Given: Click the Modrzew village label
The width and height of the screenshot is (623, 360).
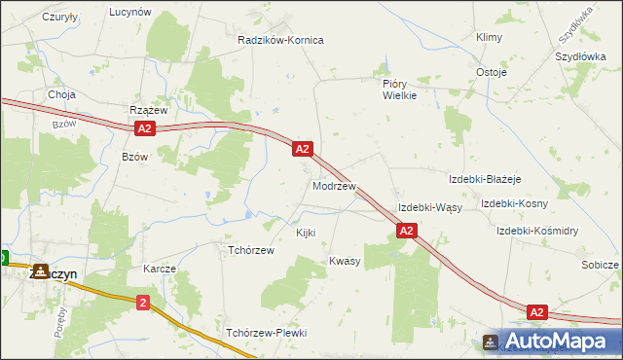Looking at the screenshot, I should click(334, 185).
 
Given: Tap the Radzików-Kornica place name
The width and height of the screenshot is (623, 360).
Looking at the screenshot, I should click(280, 40).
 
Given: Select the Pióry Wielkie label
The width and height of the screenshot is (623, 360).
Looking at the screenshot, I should click(399, 90).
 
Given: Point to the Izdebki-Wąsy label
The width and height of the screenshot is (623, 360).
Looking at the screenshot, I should click(429, 208).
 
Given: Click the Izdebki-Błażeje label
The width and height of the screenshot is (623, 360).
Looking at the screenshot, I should click(485, 179).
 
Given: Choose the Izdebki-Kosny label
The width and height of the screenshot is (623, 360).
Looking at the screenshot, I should click(514, 203).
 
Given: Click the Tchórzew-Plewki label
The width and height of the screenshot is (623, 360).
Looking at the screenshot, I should click(266, 333).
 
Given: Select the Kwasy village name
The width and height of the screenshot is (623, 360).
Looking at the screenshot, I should click(345, 261).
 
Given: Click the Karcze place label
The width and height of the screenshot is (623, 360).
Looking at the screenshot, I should click(160, 268).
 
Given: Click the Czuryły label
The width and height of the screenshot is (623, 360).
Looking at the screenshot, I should click(60, 18).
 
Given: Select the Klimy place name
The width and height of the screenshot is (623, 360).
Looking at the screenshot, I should click(488, 37).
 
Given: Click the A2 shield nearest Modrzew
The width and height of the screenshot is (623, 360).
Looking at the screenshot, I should click(303, 149).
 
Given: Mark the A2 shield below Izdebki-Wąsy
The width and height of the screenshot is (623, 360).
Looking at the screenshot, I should click(407, 231).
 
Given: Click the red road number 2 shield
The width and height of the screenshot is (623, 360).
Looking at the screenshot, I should click(144, 303).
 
